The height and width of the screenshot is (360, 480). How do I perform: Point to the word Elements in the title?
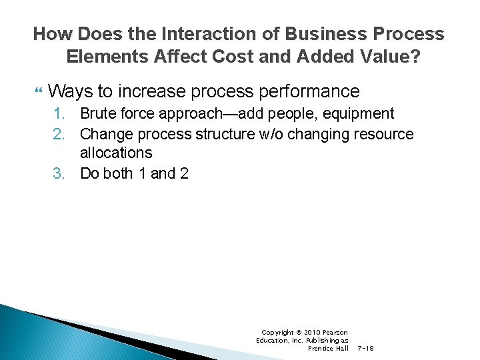click(107, 57)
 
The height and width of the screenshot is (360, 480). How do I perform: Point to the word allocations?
click(116, 153)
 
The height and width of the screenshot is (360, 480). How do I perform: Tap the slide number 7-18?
click(366, 349)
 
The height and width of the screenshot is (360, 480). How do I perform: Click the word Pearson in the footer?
click(335, 332)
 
